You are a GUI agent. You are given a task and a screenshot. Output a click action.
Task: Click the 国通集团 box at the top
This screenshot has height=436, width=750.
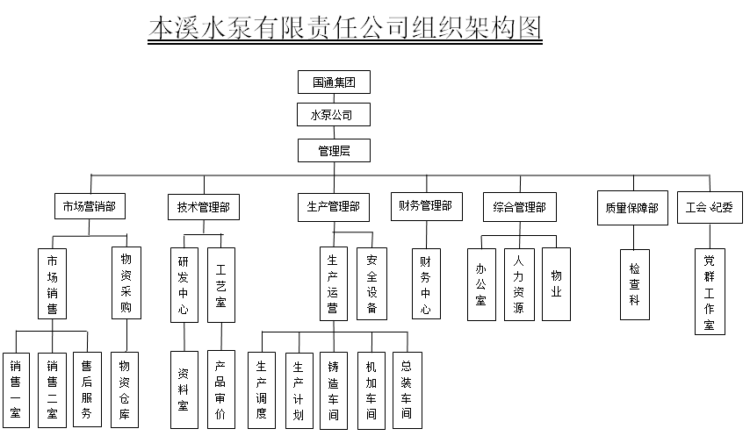(x=334, y=82)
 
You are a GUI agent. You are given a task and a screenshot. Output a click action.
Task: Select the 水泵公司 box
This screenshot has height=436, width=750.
(x=334, y=116)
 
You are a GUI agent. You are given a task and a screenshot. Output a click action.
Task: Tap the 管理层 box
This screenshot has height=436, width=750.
(x=334, y=150)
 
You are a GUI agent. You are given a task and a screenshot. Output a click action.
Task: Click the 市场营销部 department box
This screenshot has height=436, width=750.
(x=90, y=207)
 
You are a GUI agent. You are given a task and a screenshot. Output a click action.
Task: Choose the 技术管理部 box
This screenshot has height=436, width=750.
(x=203, y=208)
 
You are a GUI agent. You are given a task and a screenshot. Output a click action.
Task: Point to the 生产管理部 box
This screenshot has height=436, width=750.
(x=333, y=207)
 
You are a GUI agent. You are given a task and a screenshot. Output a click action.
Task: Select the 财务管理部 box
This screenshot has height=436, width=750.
(x=425, y=206)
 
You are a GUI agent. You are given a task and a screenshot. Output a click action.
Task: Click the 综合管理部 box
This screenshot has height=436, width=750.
(x=519, y=207)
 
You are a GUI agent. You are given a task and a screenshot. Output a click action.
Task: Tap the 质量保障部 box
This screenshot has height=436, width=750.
(x=631, y=208)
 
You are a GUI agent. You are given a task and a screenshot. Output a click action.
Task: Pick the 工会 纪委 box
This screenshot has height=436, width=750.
(x=709, y=208)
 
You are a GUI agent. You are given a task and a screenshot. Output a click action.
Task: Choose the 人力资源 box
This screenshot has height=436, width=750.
(x=518, y=284)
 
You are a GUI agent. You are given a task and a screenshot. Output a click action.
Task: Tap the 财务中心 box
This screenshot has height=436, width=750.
(x=425, y=285)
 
